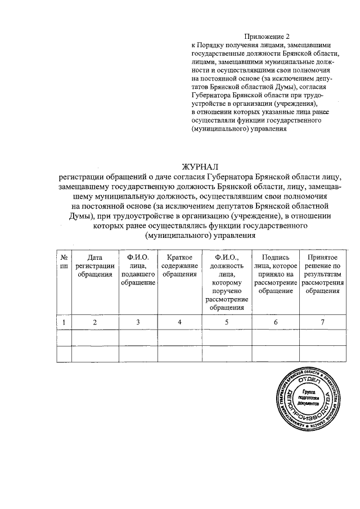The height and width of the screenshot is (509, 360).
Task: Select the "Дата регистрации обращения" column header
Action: [95, 265]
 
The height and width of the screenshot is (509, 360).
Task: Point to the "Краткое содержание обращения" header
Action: [179, 265]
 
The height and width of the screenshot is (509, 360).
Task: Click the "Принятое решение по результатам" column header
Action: [322, 274]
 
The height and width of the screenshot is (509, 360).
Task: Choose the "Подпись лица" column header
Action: [276, 274]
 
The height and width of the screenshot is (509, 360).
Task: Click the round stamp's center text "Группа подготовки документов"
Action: [309, 398]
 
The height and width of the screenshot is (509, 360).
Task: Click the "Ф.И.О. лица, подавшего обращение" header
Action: [138, 269]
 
